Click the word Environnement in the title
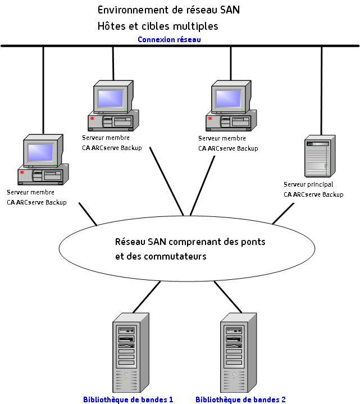[x=129, y=10]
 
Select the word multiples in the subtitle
[x=196, y=26]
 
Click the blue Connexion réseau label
[x=169, y=39]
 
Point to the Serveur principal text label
[x=308, y=184]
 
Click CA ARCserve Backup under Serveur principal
[x=313, y=194]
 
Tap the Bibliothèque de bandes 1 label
[x=128, y=400]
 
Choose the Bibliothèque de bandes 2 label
[x=240, y=400]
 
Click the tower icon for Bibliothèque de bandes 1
[x=130, y=353]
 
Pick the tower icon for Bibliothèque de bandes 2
[x=238, y=353]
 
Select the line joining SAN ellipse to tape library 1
[x=146, y=297]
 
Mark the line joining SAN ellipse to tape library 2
[x=228, y=297]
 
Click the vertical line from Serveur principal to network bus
[x=321, y=90]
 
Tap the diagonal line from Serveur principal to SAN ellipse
[x=284, y=214]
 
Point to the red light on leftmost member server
[x=22, y=173]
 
